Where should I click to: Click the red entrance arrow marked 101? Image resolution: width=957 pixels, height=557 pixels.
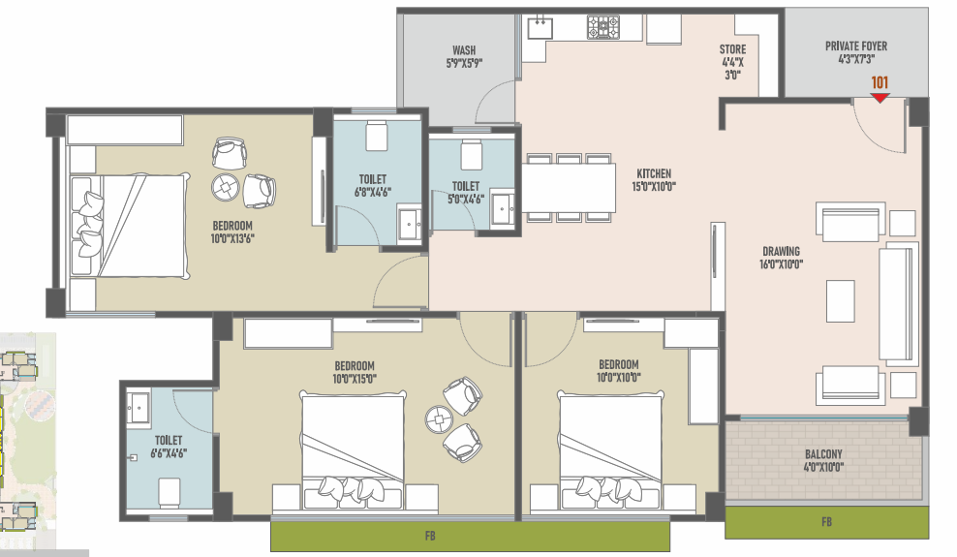pyautogui.click(x=880, y=98)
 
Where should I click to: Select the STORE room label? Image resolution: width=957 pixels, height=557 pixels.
pyautogui.click(x=732, y=49)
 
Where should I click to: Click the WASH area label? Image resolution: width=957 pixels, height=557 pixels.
pyautogui.click(x=464, y=50)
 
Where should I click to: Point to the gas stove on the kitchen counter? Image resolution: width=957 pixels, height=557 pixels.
pyautogui.click(x=603, y=27)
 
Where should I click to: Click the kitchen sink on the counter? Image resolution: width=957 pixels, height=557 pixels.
pyautogui.click(x=540, y=28)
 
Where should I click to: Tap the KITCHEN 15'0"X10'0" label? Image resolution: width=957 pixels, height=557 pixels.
pyautogui.click(x=654, y=180)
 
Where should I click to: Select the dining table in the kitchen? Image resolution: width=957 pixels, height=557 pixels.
pyautogui.click(x=569, y=187)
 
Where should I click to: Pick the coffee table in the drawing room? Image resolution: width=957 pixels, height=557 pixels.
pyautogui.click(x=841, y=300)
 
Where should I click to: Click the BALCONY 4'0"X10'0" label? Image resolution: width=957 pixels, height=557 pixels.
pyautogui.click(x=823, y=460)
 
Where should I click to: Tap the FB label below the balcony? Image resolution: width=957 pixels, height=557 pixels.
pyautogui.click(x=826, y=521)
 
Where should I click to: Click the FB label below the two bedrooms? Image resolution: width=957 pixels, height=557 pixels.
pyautogui.click(x=430, y=536)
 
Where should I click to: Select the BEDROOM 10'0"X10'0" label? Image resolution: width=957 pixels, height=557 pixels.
pyautogui.click(x=619, y=371)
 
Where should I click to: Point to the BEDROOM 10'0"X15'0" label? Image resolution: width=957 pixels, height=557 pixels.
pyautogui.click(x=354, y=372)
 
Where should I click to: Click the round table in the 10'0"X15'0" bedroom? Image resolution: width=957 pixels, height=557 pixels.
pyautogui.click(x=440, y=419)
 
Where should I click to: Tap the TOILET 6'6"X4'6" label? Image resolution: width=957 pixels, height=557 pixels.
pyautogui.click(x=169, y=447)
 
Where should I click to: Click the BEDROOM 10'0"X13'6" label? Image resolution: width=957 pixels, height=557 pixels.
pyautogui.click(x=232, y=232)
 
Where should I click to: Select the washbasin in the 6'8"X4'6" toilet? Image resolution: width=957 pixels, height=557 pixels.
pyautogui.click(x=410, y=225)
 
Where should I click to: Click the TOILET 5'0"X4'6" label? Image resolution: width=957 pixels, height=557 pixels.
pyautogui.click(x=466, y=192)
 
